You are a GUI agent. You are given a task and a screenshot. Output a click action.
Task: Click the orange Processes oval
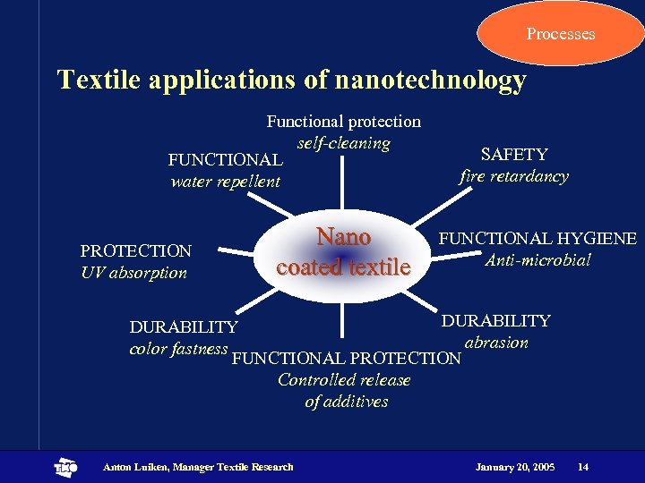pos(560,33)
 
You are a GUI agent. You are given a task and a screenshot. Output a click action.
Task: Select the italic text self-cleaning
pos(344,143)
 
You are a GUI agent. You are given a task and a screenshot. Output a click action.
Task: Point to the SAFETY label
pos(514,154)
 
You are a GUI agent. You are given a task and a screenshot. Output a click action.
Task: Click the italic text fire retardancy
pos(514,176)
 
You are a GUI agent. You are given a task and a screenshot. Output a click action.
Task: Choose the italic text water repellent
pos(226,182)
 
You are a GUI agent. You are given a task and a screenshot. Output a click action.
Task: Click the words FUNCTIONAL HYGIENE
pos(537,239)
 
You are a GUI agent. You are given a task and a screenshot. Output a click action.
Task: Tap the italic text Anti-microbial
pos(537,260)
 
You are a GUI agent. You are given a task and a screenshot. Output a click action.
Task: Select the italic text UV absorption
pos(134,273)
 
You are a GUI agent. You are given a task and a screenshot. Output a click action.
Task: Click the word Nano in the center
pos(343,237)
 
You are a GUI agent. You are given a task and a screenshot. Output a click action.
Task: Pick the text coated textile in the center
pos(343,267)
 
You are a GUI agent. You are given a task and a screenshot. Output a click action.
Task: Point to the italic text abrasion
pos(496,343)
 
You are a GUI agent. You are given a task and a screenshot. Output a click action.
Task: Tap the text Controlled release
pos(344,380)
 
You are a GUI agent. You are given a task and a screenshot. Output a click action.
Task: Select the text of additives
pos(346,402)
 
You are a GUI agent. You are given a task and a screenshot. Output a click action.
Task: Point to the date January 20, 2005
pos(514,467)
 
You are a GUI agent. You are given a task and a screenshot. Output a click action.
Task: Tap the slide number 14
pos(583,467)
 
